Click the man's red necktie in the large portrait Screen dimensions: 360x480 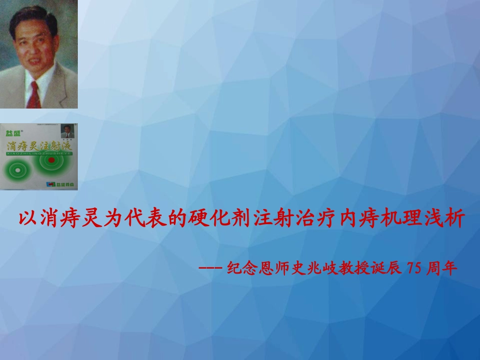(x=34, y=94)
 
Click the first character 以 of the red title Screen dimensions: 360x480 (x=27, y=221)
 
